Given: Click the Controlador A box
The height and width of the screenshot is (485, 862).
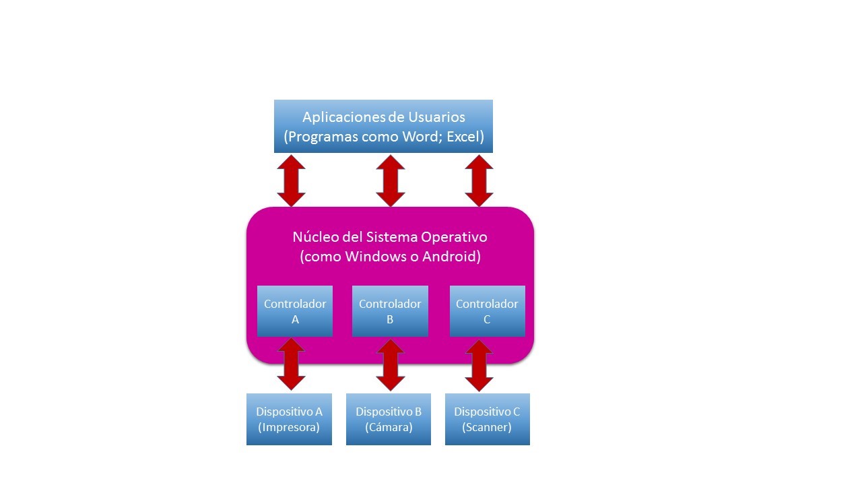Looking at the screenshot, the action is click(x=295, y=311).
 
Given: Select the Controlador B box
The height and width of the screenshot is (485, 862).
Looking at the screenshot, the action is click(x=390, y=311).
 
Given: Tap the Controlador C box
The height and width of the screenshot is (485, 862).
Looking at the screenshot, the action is click(x=487, y=311).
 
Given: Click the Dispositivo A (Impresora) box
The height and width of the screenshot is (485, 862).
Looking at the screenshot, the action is click(x=289, y=419).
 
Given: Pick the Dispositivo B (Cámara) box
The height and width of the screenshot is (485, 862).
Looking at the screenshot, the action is click(x=389, y=419).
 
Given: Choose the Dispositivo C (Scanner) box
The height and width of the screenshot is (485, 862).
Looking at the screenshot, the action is click(x=487, y=419).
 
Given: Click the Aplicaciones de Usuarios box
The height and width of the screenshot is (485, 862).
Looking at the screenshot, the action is click(x=383, y=126).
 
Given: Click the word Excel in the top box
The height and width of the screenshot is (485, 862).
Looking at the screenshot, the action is click(x=462, y=137).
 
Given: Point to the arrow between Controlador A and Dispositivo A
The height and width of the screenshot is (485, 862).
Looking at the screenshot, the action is click(x=292, y=364).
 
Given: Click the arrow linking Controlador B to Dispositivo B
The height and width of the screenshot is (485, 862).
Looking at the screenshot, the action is click(x=390, y=365).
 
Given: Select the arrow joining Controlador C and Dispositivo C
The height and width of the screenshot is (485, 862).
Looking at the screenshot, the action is click(x=479, y=366).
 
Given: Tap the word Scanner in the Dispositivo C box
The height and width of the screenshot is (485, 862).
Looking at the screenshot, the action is click(x=487, y=427).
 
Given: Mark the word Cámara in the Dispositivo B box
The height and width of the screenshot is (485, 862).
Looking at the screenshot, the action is click(x=389, y=427).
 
